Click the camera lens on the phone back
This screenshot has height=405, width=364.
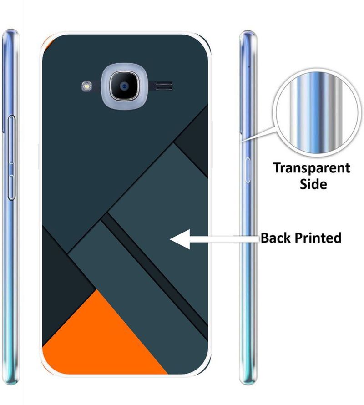125,86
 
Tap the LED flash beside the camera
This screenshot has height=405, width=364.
87,86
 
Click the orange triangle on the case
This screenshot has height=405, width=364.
103,336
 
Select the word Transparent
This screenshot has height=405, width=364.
312,169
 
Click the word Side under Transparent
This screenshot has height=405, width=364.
313,184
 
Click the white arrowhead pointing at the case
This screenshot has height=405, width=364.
180,239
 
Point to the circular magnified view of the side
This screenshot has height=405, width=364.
317,112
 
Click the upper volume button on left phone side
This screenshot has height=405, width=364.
11,140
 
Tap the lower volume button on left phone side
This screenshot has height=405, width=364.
11,187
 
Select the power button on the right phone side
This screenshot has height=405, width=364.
248,170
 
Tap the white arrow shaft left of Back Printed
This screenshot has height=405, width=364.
224,239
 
